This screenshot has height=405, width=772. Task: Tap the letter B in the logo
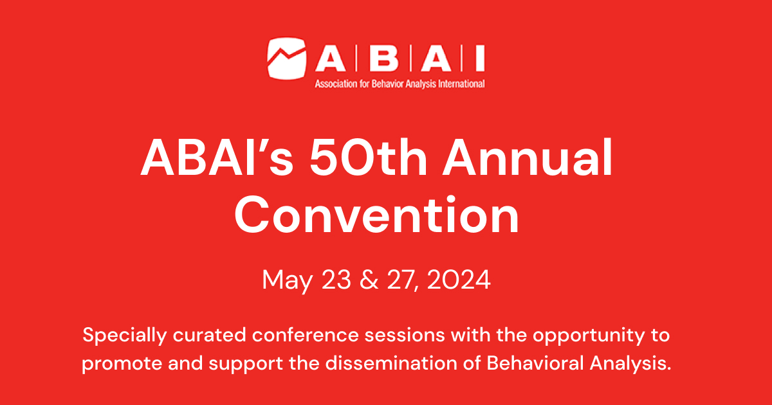(x=385, y=59)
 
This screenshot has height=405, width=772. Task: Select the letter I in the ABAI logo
(x=479, y=59)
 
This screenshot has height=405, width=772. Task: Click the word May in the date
(x=283, y=280)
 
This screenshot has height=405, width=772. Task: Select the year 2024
(x=460, y=280)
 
